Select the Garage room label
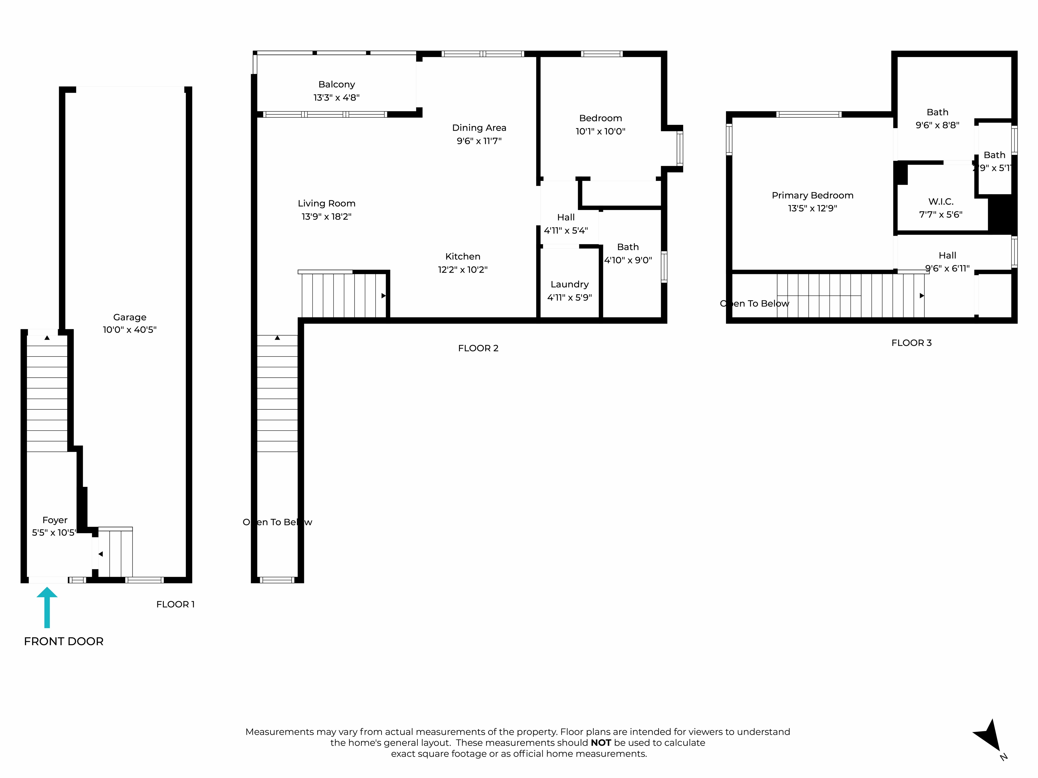129,317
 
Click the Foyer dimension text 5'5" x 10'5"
54,533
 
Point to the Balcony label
336,84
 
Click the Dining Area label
479,127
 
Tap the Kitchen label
463,256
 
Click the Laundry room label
569,284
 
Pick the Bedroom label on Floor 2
600,118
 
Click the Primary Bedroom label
812,195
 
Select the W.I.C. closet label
940,202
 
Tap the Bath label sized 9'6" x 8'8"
937,112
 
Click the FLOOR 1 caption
175,604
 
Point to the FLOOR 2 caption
478,348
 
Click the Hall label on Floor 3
947,255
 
